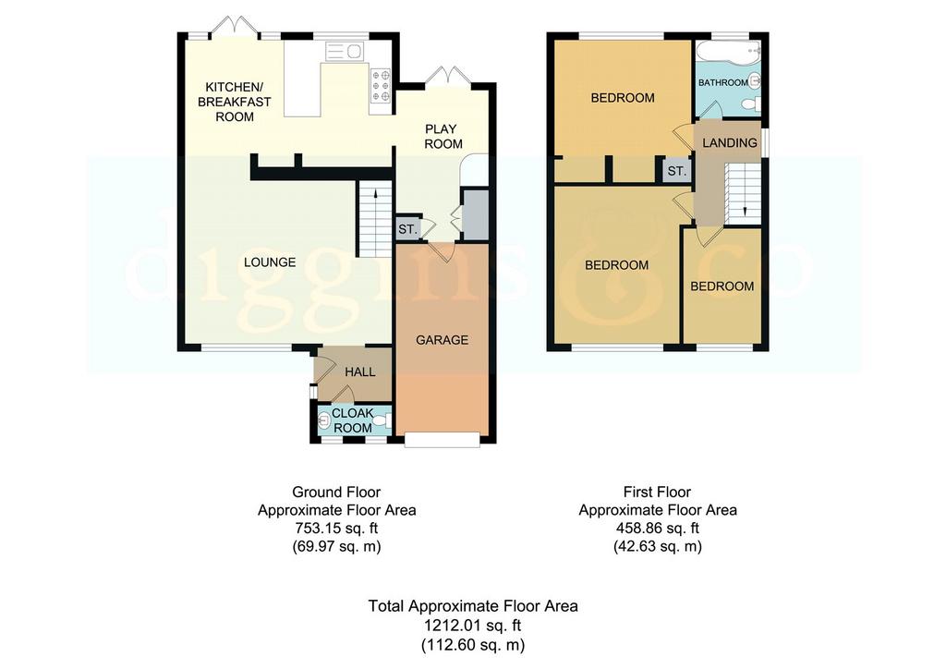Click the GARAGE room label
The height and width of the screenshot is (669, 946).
442,340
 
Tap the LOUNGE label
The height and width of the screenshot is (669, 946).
270,262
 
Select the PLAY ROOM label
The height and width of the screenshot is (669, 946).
443,137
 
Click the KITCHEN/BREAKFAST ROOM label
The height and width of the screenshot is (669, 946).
235,102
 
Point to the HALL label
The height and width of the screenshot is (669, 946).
360,372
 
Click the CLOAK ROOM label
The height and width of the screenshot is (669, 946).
353,420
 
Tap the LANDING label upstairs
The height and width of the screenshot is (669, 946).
730,143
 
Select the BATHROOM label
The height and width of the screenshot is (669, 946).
722,82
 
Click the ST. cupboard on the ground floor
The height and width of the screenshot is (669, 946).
407,230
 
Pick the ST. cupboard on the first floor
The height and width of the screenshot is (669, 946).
676,171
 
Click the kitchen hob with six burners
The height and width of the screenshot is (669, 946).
382,85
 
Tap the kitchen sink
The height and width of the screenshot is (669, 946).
345,52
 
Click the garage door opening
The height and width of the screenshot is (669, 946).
443,441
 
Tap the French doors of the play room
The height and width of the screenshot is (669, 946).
447,76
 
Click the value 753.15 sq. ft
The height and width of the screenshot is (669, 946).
336,529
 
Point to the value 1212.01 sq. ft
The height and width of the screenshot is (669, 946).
472,625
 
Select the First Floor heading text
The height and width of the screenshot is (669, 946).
657,492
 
